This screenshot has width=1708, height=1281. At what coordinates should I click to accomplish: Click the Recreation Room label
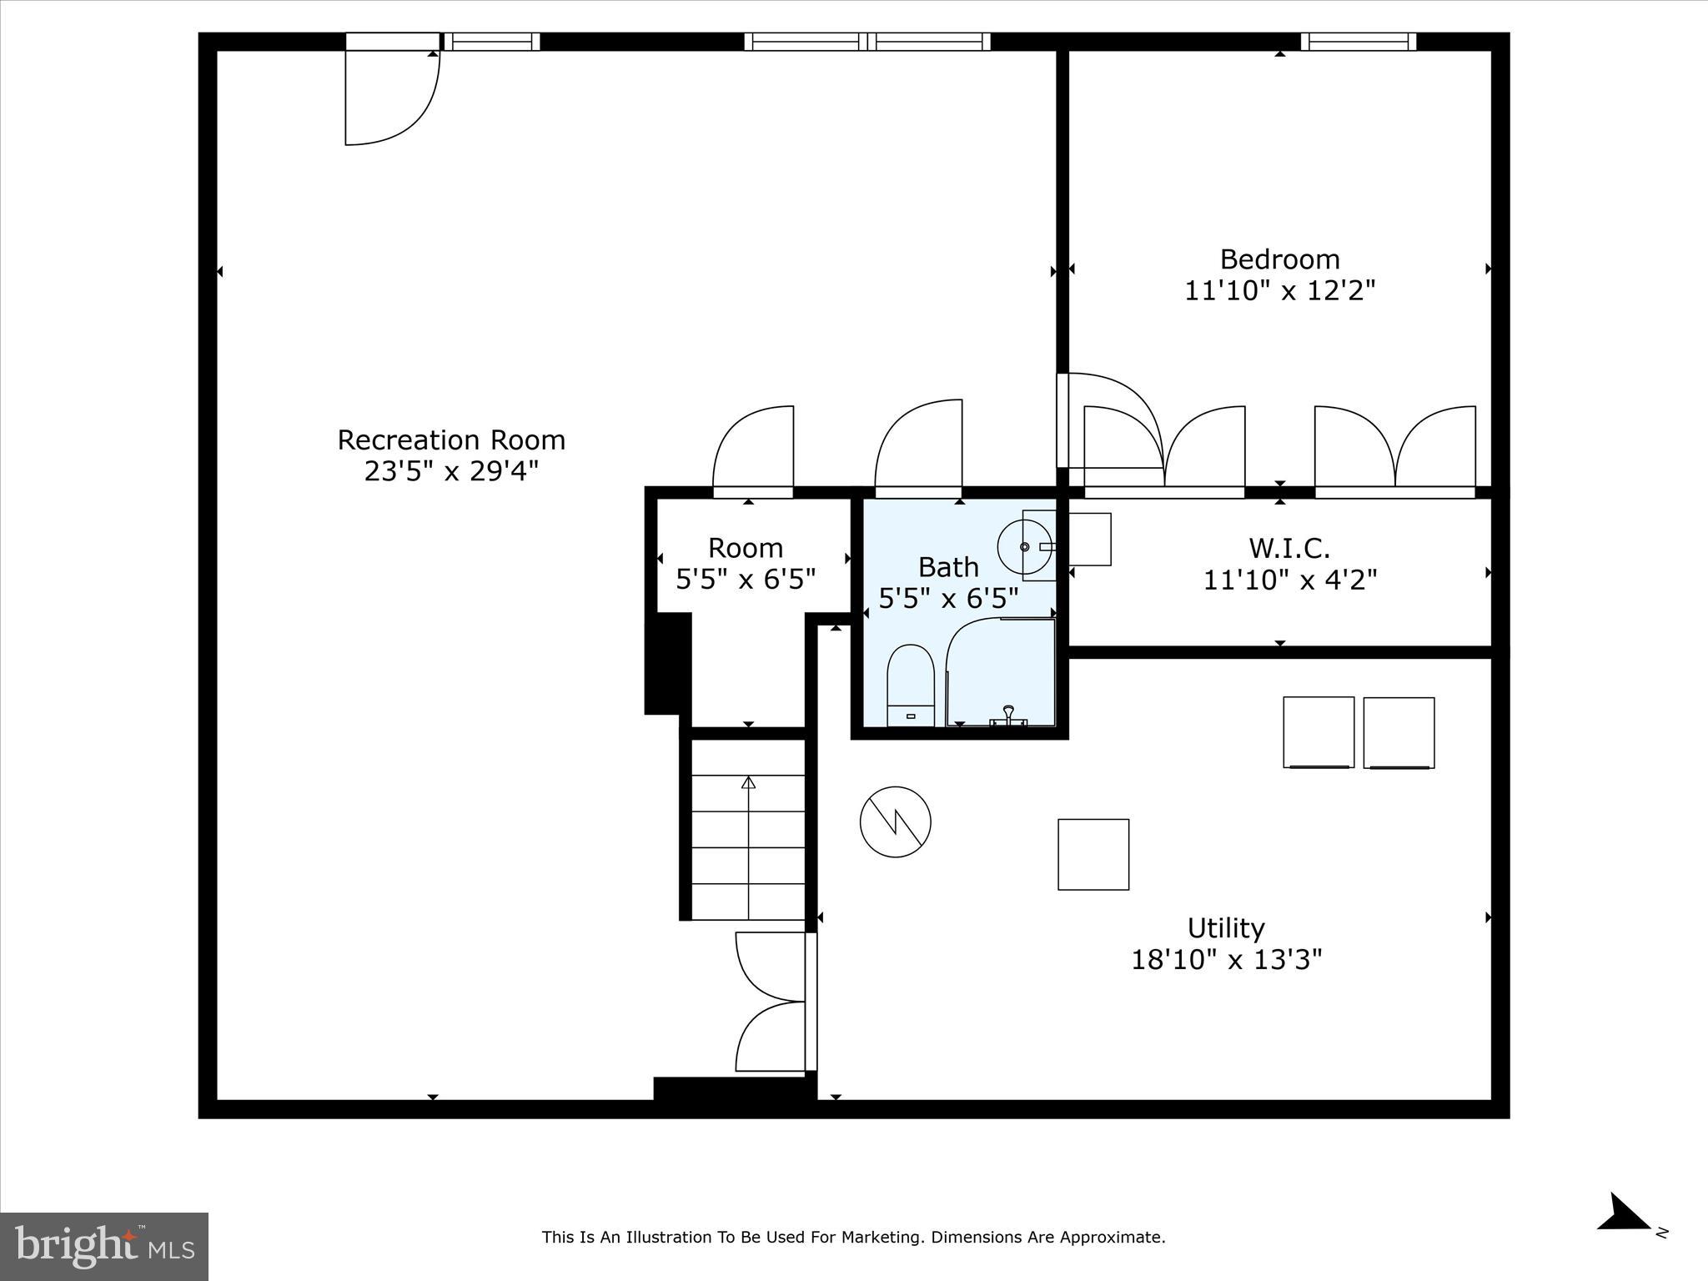451,440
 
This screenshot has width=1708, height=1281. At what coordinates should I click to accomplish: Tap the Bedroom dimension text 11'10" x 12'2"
1279,291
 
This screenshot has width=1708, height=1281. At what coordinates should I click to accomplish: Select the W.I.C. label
1289,549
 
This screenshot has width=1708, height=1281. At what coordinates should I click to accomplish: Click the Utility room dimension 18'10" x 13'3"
1226,960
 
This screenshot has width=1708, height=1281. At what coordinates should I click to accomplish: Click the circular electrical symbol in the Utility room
895,821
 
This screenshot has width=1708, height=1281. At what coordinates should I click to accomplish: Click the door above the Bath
919,446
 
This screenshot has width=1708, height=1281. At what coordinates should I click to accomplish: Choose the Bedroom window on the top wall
1358,42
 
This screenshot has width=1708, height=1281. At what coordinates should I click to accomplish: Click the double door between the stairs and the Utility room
772,1002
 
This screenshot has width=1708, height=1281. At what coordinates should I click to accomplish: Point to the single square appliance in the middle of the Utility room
1093,854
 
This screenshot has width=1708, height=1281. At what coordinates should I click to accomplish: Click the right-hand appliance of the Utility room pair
1399,732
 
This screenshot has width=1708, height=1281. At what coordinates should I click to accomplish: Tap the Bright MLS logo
104,1246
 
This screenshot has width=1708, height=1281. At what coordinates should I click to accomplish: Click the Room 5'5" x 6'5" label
746,564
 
